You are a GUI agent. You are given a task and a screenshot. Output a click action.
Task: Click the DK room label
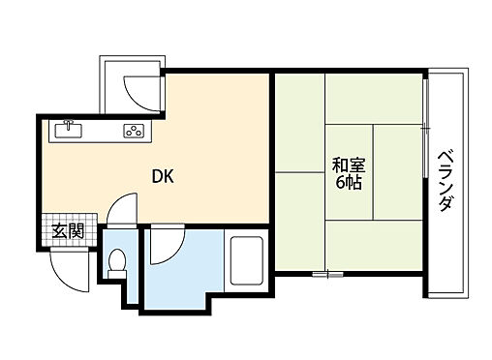pyautogui.click(x=163, y=176)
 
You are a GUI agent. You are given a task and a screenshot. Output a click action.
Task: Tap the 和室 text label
pyautogui.click(x=349, y=165)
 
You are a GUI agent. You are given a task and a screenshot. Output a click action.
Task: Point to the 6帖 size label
pyautogui.click(x=349, y=183)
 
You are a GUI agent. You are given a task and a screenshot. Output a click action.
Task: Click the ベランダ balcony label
pyautogui.click(x=446, y=181)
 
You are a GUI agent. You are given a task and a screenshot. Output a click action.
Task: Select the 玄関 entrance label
pyautogui.click(x=69, y=230)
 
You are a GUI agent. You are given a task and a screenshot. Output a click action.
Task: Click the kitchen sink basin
pyautogui.click(x=69, y=131)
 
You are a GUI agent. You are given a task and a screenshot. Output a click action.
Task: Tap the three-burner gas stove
pyautogui.click(x=134, y=131)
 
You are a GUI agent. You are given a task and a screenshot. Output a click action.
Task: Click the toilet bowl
pyautogui.click(x=117, y=259)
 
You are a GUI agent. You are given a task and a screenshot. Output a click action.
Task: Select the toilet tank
pyautogui.click(x=117, y=274)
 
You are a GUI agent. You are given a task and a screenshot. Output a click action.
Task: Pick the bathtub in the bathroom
pyautogui.click(x=247, y=260)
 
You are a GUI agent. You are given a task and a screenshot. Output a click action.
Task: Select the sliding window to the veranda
pyautogui.click(x=426, y=128)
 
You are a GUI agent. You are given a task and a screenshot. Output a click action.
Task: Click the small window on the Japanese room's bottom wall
pyautogui.click(x=327, y=275)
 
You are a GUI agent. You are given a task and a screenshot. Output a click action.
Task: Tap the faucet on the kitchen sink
pyautogui.click(x=69, y=124)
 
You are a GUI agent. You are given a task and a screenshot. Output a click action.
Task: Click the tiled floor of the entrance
pyautogui.click(x=70, y=230)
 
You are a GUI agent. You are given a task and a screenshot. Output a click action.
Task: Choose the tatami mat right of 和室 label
pyautogui.click(x=398, y=172)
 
